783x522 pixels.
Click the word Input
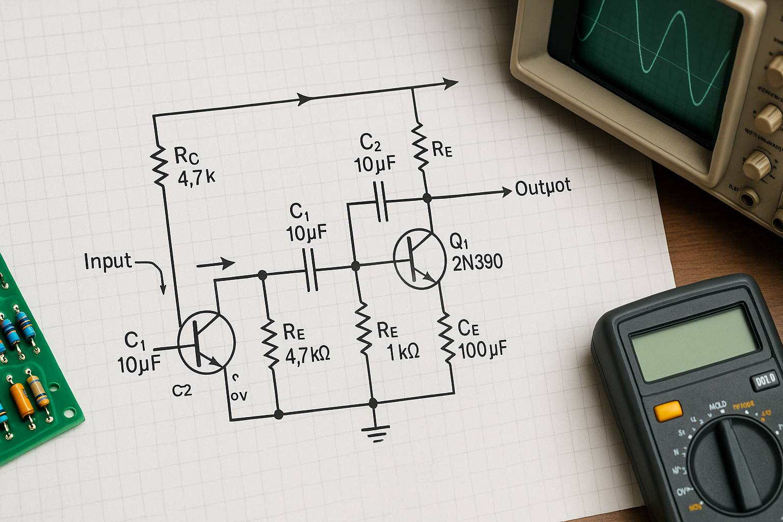[108, 261]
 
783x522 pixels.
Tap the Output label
[543, 188]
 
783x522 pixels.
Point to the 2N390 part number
[477, 262]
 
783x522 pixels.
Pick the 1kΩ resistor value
[403, 352]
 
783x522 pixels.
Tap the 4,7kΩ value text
[307, 354]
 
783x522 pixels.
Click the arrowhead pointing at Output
[506, 192]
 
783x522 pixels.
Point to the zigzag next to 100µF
[446, 337]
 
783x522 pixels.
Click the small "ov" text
[239, 395]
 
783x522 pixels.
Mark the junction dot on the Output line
[427, 198]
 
